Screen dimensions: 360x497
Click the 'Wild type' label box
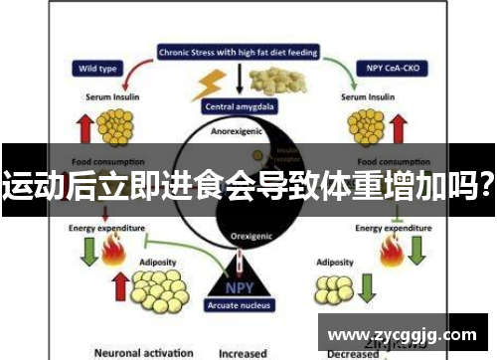click(x=94, y=70)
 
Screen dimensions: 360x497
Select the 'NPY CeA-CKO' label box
click(x=389, y=70)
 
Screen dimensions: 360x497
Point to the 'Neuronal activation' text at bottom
click(x=142, y=352)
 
